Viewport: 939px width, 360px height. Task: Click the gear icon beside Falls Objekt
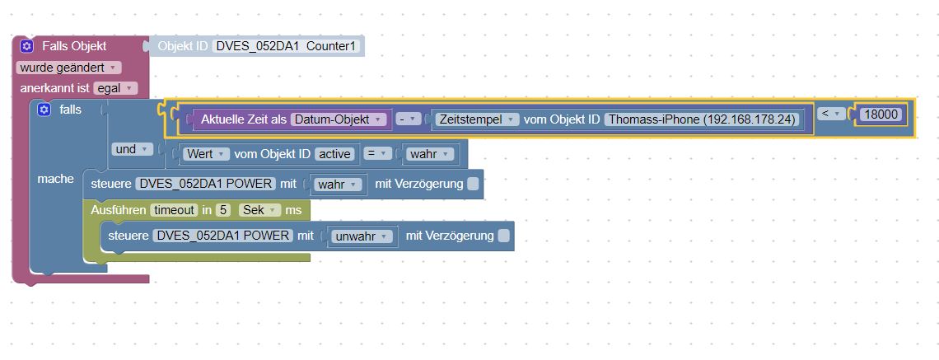point(27,46)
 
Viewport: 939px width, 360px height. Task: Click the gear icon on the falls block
point(44,110)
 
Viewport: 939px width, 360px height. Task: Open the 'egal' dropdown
point(115,88)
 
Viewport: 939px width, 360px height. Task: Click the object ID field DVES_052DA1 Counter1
point(287,46)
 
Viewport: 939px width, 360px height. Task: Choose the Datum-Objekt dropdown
point(339,119)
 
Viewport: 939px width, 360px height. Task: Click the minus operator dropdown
point(408,119)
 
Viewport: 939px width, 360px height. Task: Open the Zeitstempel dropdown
point(479,119)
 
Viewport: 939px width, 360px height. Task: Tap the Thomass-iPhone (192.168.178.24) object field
point(703,119)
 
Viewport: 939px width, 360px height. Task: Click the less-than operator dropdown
point(831,114)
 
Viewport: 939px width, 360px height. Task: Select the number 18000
point(881,115)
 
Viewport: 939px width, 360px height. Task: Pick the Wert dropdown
point(206,154)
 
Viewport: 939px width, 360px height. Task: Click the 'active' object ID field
point(335,154)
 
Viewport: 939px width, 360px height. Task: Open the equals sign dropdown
point(376,154)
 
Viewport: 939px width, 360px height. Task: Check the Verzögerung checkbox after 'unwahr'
point(503,236)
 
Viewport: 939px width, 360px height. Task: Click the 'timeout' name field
point(174,210)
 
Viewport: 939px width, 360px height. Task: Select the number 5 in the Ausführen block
point(222,210)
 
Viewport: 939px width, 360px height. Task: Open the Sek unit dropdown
point(259,210)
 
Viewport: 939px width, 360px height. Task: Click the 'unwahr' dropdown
point(363,236)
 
